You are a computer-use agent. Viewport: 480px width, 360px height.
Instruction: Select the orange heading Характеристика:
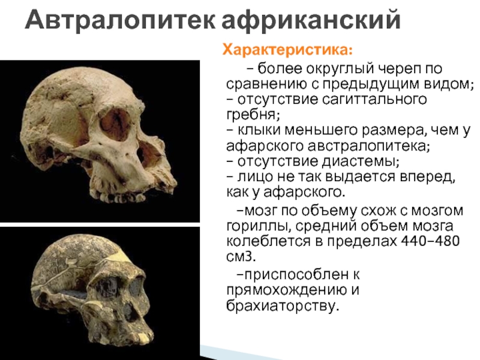(x=287, y=50)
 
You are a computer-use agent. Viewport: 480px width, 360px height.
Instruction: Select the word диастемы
(x=360, y=161)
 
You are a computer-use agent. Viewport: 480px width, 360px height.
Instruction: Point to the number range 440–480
(x=430, y=241)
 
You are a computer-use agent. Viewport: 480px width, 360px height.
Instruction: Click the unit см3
(x=241, y=257)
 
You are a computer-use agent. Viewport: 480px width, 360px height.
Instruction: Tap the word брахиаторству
(x=281, y=305)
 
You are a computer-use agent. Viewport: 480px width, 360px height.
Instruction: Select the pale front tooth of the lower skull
(x=143, y=337)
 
